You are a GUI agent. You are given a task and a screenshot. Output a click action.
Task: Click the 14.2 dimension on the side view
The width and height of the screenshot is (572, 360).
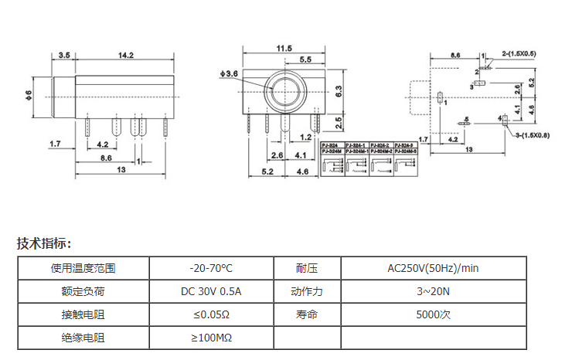tap(126, 55)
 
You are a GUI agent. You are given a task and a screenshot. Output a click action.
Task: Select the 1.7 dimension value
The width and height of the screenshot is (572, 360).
tap(55, 144)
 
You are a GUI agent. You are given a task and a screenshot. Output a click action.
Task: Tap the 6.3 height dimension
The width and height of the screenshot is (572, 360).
tap(339, 90)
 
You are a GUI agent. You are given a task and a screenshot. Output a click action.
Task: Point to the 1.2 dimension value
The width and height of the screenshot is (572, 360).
tap(305, 137)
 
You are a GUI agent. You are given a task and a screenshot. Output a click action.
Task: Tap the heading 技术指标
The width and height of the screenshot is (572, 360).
tap(44, 244)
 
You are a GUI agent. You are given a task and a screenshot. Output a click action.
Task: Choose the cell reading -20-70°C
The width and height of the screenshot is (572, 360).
tap(210, 269)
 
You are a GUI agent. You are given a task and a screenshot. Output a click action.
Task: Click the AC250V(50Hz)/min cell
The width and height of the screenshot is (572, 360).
tap(433, 269)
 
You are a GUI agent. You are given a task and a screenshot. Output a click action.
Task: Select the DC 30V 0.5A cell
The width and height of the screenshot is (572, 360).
tap(210, 292)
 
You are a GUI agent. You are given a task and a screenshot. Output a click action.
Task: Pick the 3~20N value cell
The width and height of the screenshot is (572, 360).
tap(433, 292)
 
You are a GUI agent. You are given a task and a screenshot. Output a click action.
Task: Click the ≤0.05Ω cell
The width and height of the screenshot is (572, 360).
tap(210, 315)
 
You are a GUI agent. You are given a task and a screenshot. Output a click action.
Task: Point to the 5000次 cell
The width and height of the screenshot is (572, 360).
tap(433, 315)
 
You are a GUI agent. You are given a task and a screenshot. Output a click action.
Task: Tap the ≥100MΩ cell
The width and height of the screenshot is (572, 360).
tap(210, 338)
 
